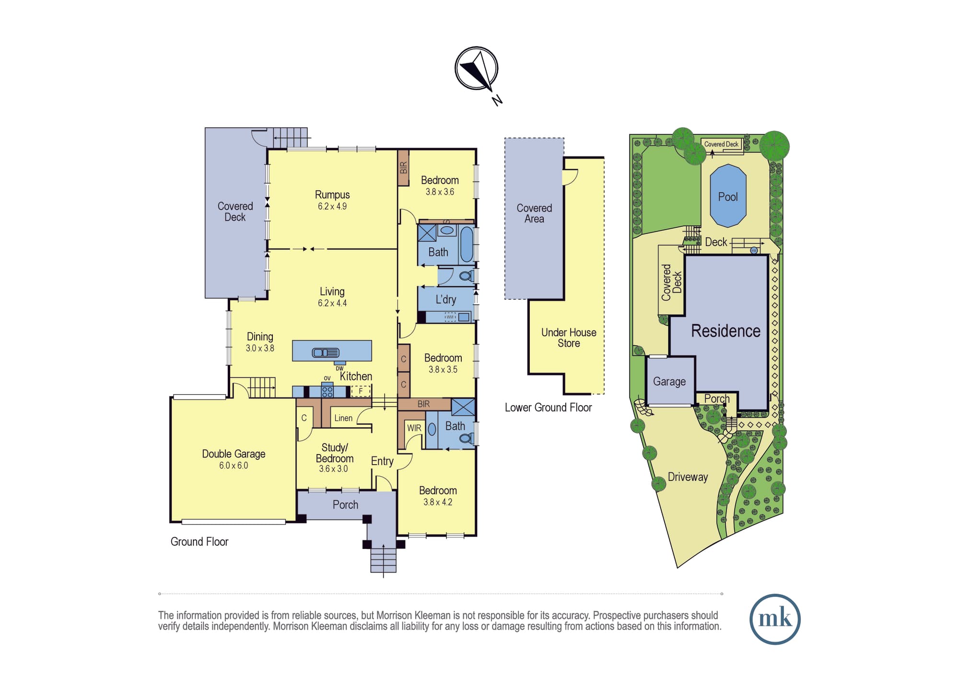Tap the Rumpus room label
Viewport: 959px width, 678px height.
coord(332,195)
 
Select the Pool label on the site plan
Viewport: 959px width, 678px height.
coord(727,197)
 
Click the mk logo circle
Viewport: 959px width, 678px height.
coord(775,619)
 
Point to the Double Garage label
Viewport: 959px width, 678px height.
coord(234,454)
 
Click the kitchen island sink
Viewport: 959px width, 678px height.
coord(326,353)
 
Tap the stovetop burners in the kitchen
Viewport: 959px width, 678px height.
coord(327,391)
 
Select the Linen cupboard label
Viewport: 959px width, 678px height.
coord(343,418)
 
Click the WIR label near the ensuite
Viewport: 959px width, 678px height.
coord(414,428)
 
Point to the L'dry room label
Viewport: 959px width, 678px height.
coord(445,300)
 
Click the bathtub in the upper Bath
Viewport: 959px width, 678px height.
coord(466,244)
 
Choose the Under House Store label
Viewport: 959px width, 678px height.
coord(569,338)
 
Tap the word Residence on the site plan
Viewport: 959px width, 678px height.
coord(725,331)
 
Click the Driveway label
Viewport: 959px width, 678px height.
coord(688,477)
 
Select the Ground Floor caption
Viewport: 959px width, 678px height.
coord(199,542)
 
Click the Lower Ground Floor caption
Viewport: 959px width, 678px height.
coord(548,408)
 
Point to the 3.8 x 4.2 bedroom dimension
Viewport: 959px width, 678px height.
coord(438,502)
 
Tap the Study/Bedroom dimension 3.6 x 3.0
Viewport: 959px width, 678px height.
coord(334,469)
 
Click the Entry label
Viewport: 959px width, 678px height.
coord(382,461)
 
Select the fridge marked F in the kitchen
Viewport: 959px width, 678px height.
coord(361,391)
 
